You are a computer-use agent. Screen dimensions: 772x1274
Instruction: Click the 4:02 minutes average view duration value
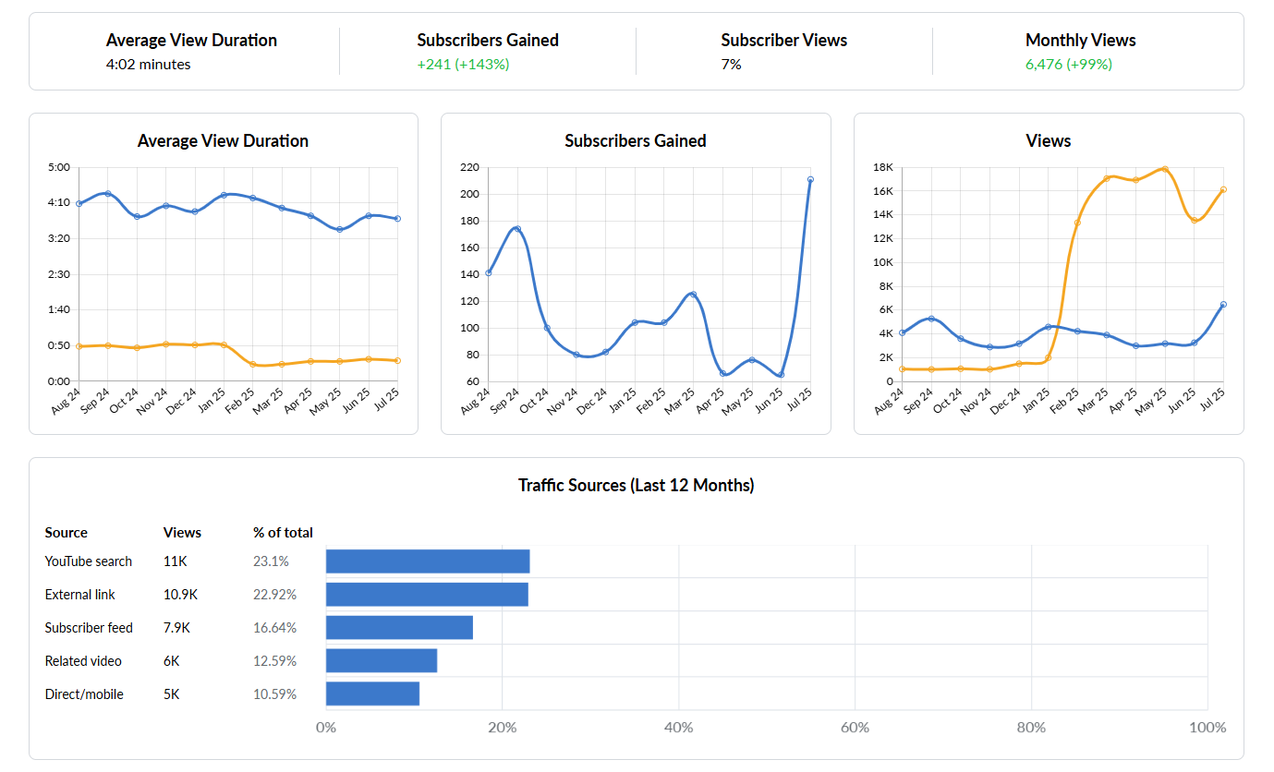coord(148,65)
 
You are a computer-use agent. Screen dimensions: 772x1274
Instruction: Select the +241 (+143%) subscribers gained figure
coord(463,65)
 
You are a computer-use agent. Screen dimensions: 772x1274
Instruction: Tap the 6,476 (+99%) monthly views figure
coord(1068,65)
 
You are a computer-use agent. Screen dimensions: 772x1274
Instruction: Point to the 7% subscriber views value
coord(731,65)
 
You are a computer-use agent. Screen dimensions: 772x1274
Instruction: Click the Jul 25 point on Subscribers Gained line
coord(810,180)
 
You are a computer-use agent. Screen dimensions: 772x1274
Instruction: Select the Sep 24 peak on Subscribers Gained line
coord(517,229)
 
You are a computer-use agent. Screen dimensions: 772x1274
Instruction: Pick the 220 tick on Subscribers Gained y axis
coord(468,167)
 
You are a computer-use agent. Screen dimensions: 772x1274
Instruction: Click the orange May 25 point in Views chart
coord(1165,169)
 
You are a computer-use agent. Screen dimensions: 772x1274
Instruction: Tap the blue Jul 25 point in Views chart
coord(1223,305)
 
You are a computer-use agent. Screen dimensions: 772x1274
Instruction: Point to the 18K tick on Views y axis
coord(881,167)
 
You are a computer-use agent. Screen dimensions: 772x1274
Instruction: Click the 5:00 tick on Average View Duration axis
coord(58,167)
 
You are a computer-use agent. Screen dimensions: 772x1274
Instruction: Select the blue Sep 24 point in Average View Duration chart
coord(108,194)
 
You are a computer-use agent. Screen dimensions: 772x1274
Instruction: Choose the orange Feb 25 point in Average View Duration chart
coord(252,365)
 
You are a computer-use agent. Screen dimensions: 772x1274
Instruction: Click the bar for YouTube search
coord(428,561)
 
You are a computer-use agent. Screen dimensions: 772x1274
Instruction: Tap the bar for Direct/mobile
coord(372,694)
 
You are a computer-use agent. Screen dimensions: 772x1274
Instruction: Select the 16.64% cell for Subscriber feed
coord(274,628)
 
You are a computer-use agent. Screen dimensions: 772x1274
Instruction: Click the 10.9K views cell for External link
coord(180,595)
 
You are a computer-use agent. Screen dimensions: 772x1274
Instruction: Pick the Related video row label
coord(83,661)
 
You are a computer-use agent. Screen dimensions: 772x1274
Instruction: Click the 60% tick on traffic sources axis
coord(855,728)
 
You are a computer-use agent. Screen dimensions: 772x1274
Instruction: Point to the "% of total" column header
coord(283,533)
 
